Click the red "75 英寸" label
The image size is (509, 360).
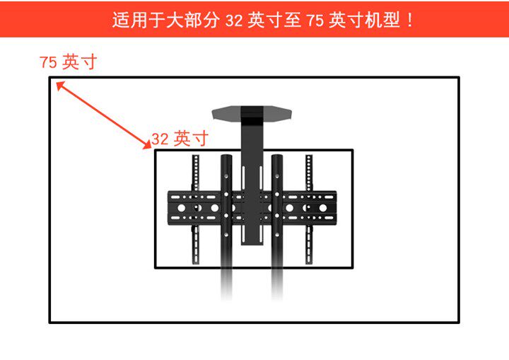tap(68, 62)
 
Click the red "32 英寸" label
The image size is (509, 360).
tap(180, 139)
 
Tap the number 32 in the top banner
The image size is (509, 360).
tap(234, 20)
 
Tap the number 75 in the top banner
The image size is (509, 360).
tap(315, 20)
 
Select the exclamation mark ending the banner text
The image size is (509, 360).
tap(410, 20)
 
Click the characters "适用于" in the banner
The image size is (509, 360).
tap(138, 20)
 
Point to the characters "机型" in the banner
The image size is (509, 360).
tap(380, 20)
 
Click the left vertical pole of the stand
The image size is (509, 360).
tap(226, 212)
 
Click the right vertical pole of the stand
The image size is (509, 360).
tap(278, 212)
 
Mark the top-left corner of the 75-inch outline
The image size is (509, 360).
tap(50, 78)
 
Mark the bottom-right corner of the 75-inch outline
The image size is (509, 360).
tap(459, 323)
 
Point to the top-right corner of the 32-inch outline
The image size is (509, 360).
tap(352, 150)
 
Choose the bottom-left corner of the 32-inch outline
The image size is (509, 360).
tap(156, 267)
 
